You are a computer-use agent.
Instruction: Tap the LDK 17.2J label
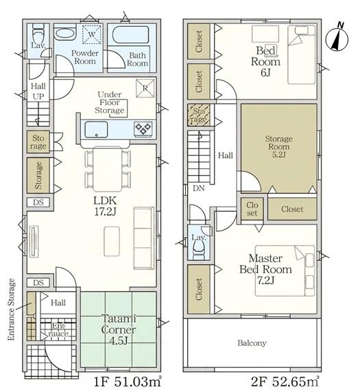105,206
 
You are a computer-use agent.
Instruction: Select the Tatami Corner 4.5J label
119,330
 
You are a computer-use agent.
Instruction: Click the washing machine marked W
92,34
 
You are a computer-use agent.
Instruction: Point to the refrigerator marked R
145,88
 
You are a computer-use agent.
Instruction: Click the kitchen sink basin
96,129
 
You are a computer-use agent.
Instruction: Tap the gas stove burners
143,129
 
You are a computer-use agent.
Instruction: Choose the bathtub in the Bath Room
131,35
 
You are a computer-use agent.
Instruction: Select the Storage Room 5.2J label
278,146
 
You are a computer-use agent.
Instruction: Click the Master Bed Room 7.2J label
265,269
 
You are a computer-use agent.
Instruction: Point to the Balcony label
252,343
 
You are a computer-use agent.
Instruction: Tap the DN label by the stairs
199,188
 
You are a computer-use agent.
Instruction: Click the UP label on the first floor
38,96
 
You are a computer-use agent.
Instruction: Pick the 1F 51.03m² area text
128,382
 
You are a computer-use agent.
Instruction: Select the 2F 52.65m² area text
285,382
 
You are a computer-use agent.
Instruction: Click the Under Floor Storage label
109,102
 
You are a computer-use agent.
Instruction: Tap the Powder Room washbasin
64,34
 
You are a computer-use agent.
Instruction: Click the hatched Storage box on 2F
199,115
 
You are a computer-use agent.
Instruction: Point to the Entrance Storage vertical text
12,310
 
